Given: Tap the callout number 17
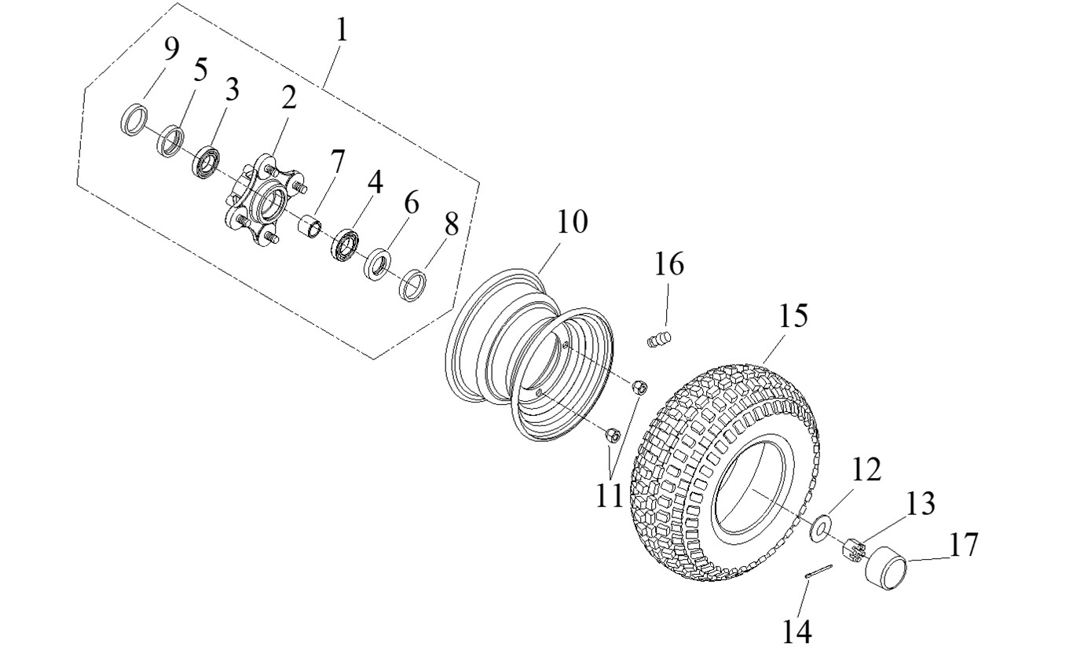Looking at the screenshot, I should click(x=963, y=544).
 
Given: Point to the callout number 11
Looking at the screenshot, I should click(x=609, y=495).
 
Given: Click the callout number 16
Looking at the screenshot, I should click(x=670, y=264).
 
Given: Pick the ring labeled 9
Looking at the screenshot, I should click(x=135, y=119).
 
